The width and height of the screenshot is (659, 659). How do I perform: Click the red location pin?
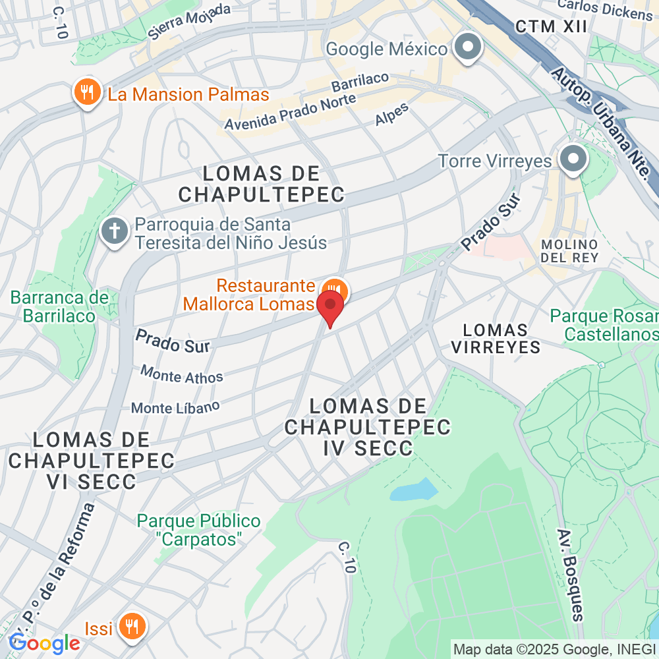tap(330, 306)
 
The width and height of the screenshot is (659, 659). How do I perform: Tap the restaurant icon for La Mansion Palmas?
tap(86, 94)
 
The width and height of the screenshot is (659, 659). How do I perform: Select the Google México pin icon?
tap(469, 48)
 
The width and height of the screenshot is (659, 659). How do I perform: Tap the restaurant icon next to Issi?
tap(133, 625)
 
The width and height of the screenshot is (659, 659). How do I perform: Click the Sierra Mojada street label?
tap(189, 22)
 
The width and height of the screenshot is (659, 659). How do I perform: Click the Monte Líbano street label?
tap(175, 407)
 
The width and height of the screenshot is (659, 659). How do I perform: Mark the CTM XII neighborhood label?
tap(550, 26)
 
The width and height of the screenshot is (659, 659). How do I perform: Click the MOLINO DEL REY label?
tap(569, 250)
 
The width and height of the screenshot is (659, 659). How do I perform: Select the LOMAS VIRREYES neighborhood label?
tap(496, 338)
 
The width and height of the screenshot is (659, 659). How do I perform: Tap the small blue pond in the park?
tap(414, 489)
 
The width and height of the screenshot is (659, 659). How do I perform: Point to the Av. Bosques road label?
tap(570, 574)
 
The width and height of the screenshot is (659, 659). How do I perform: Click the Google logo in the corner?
tap(45, 643)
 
